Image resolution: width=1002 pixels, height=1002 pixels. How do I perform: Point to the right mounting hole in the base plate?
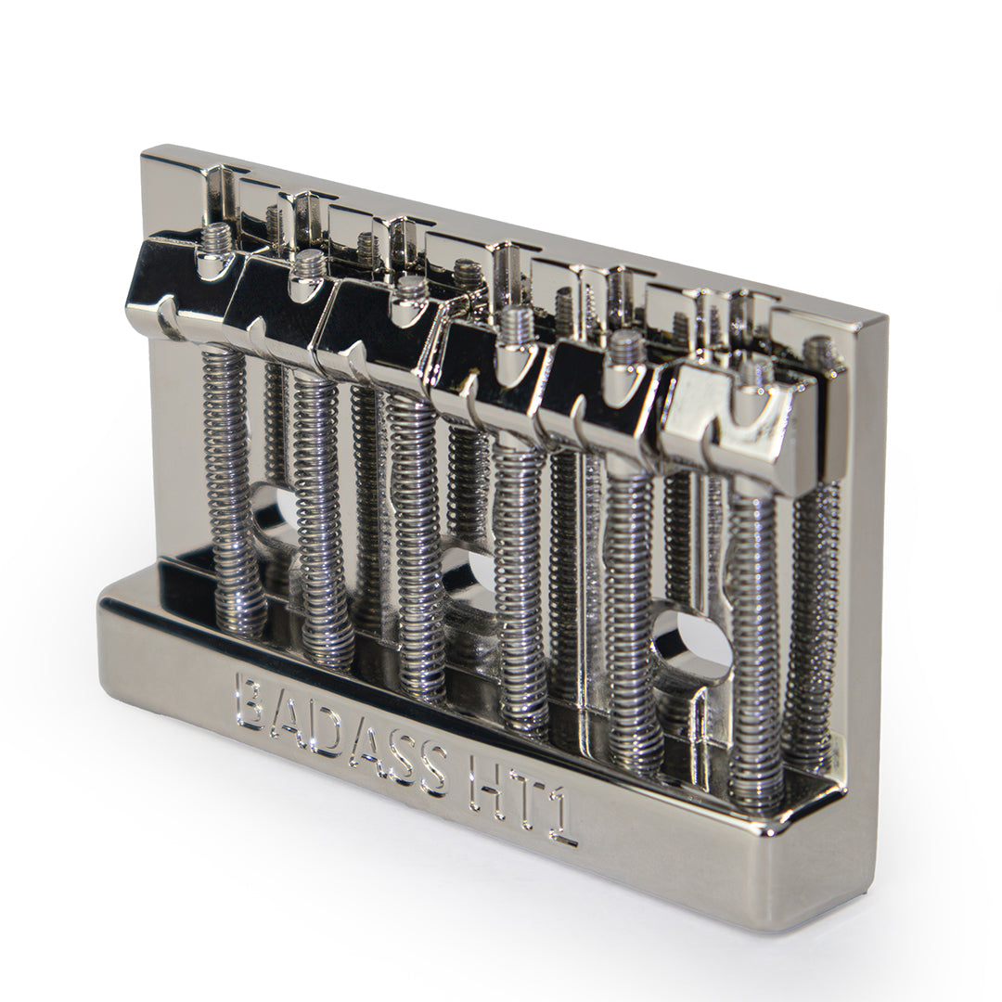point(691,640)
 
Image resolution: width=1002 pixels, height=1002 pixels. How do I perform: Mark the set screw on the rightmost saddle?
point(756,373)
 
